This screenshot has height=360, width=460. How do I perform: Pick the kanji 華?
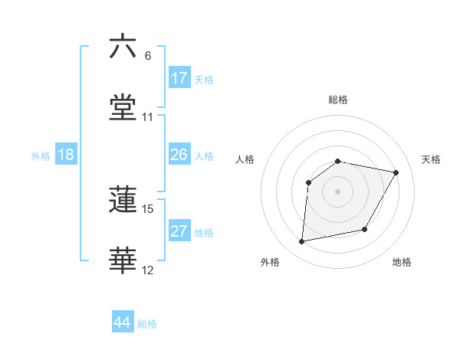(x=123, y=261)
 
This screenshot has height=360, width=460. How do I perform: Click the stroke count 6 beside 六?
(x=148, y=56)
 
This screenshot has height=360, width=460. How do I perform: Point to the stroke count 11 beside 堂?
(x=148, y=118)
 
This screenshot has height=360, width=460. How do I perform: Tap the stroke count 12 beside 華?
(x=148, y=270)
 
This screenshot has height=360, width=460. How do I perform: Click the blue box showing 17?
(x=179, y=78)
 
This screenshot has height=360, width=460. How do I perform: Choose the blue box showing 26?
(x=179, y=155)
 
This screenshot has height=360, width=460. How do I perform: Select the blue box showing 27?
(x=179, y=231)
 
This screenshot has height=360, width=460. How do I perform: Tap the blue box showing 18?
(x=66, y=155)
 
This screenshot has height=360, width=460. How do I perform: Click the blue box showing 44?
(x=123, y=322)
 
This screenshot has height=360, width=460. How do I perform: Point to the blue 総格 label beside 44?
(x=148, y=324)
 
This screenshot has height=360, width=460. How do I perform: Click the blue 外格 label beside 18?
(x=41, y=156)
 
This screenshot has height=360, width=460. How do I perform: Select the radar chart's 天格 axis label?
(x=432, y=159)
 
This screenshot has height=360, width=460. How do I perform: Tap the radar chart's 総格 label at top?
(x=338, y=100)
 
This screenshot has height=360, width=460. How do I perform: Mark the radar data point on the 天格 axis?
(x=396, y=172)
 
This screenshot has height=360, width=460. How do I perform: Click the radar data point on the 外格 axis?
(x=302, y=242)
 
